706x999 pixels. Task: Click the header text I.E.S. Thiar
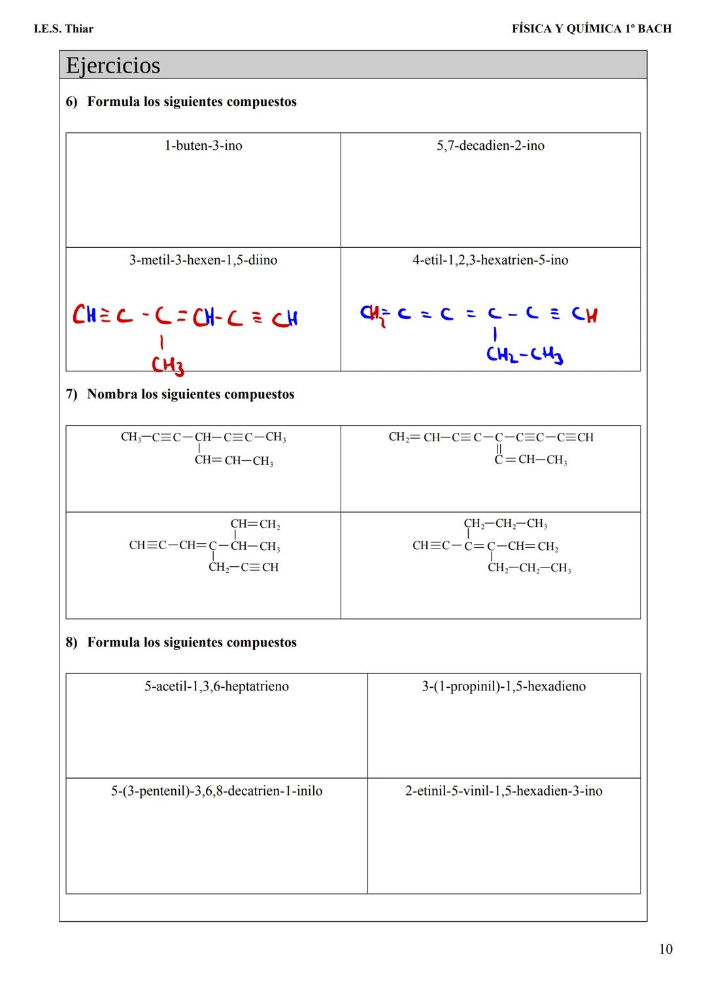click(x=63, y=29)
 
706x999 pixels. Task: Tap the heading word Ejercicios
click(x=112, y=65)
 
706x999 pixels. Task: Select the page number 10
click(x=665, y=949)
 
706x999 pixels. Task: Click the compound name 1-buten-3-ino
click(x=203, y=146)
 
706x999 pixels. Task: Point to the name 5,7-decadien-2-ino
click(x=490, y=146)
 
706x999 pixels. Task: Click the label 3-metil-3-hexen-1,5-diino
click(x=203, y=260)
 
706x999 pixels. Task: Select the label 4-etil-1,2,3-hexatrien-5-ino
click(x=490, y=260)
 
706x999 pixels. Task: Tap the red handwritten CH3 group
click(x=167, y=365)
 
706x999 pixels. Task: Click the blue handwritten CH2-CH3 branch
click(x=524, y=355)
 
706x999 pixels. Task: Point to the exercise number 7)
click(x=71, y=394)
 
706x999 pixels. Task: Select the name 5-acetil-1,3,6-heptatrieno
click(x=216, y=686)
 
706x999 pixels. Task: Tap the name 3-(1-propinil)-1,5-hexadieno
click(x=503, y=686)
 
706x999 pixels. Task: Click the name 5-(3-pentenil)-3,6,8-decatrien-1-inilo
click(x=216, y=791)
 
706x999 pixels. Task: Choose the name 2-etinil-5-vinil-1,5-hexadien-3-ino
click(x=503, y=791)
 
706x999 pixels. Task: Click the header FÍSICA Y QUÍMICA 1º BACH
click(x=591, y=29)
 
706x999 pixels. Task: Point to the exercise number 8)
click(x=71, y=643)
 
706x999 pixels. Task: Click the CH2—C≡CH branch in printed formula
click(x=243, y=567)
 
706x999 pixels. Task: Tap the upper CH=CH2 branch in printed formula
click(x=255, y=524)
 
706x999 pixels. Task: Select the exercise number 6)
click(x=71, y=102)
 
